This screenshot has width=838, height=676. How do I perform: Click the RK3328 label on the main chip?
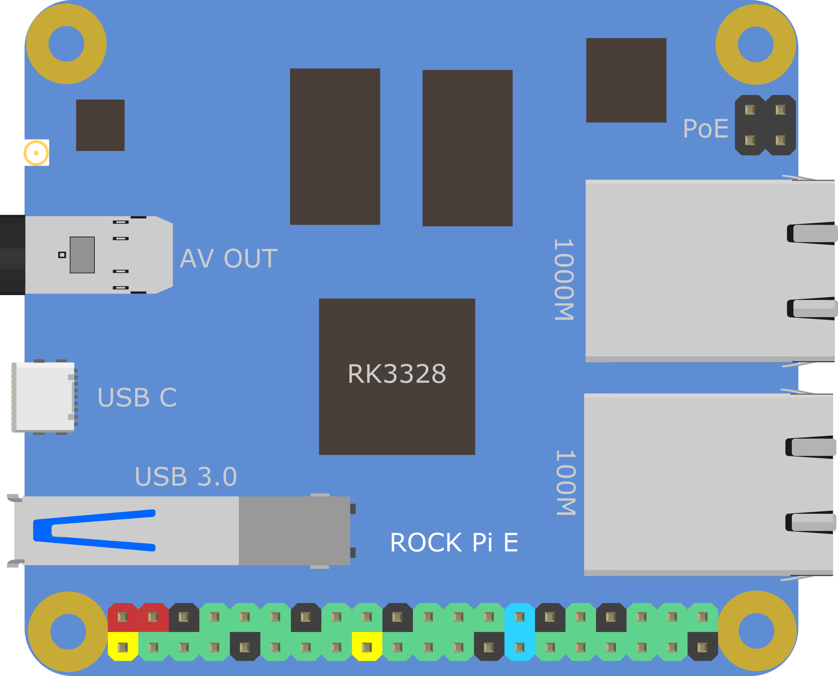(397, 374)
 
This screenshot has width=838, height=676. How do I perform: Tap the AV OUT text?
(228, 258)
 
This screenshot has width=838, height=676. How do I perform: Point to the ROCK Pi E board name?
(454, 542)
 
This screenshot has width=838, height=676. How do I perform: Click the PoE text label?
(705, 128)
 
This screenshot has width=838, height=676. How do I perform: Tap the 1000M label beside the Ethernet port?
(564, 280)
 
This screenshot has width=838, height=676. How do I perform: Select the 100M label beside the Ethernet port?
(565, 483)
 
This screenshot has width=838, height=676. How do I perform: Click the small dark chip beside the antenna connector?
(100, 125)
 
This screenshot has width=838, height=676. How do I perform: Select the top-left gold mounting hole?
(66, 44)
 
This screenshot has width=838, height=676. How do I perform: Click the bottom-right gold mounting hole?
(756, 630)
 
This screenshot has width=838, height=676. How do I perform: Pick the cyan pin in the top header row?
(519, 617)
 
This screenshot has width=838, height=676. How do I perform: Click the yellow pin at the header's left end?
(123, 647)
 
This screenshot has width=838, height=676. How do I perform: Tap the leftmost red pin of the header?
(123, 617)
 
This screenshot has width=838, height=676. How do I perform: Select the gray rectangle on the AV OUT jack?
(82, 255)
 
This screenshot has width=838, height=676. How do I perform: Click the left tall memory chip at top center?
(335, 146)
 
